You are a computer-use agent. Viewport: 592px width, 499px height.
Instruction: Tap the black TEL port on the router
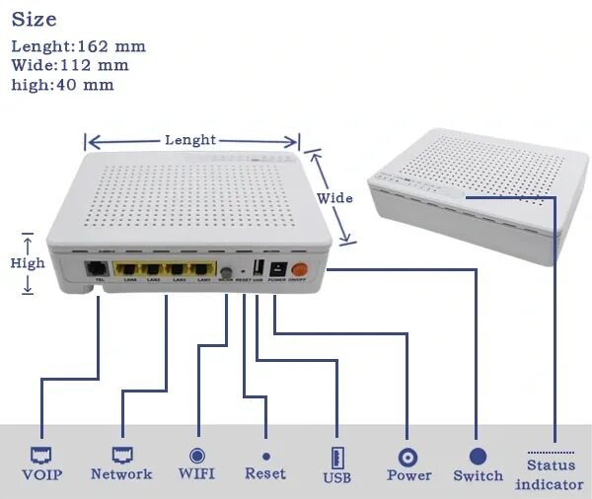98,268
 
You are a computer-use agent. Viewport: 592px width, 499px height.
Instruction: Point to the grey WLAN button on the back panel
226,272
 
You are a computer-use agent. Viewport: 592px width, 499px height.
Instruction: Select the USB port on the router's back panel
257,269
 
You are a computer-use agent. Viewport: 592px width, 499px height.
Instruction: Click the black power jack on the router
276,268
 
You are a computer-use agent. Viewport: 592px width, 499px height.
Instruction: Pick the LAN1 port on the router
202,269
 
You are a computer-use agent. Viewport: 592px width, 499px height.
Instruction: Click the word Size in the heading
34,19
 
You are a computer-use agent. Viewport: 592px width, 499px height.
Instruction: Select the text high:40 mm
62,85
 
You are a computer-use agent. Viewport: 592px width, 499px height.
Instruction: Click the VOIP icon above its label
41,456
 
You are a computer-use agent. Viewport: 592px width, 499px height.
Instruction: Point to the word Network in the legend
121,474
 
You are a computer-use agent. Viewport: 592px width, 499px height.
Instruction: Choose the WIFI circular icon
197,456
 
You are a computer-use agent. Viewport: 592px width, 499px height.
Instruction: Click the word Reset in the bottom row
265,474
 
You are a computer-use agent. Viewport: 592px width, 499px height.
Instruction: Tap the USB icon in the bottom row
336,458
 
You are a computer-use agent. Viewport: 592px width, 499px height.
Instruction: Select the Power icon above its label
407,458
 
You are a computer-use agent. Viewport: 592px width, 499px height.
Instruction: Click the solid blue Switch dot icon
478,457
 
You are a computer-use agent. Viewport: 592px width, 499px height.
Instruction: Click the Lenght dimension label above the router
190,140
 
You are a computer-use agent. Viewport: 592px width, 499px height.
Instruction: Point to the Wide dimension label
334,198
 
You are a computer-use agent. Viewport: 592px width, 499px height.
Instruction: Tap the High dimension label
28,263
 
